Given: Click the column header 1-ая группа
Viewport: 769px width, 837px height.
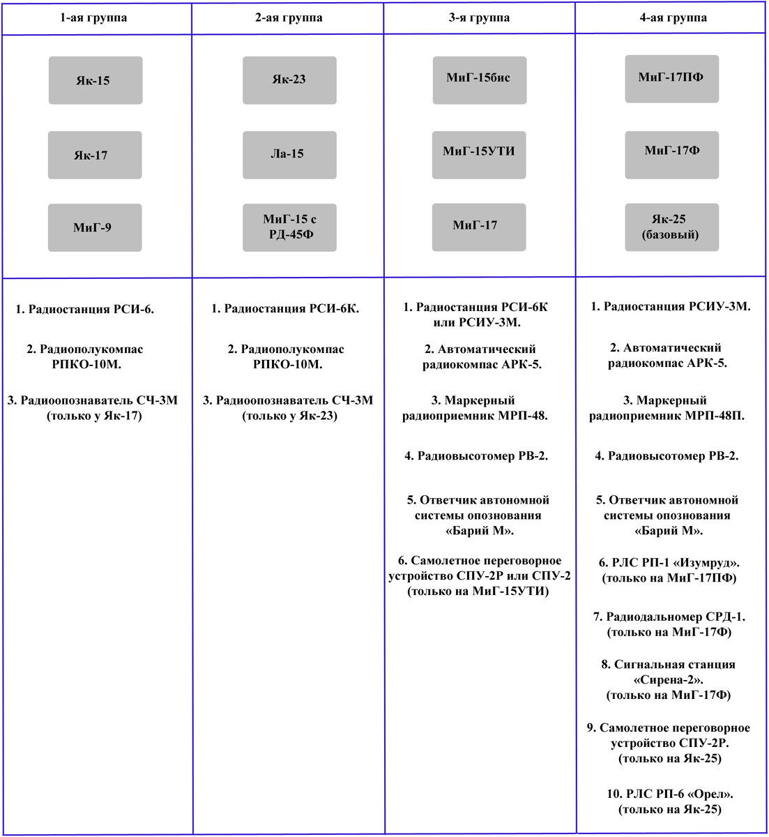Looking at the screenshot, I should [93, 17].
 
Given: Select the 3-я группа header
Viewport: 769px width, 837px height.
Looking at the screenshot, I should [478, 17].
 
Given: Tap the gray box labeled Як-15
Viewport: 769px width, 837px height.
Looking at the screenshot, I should [96, 80].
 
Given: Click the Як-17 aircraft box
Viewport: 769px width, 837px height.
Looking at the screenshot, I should [95, 155].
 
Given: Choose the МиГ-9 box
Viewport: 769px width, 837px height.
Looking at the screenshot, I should [95, 227].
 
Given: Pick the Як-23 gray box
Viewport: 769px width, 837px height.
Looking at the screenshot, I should [289, 80].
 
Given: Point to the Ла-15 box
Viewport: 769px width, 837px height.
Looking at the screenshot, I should [289, 154].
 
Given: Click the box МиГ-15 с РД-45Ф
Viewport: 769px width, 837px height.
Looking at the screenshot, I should [289, 227].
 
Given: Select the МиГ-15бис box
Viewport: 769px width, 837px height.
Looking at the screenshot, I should [479, 79].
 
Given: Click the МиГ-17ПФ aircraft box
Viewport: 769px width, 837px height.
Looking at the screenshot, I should [671, 78].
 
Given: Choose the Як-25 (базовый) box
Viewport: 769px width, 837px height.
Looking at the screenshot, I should [671, 227].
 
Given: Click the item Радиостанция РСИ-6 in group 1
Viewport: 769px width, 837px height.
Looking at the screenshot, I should [85, 309].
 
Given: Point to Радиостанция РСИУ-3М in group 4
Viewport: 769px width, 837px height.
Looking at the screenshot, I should [671, 306].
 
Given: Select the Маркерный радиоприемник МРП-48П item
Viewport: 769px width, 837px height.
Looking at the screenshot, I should [667, 408].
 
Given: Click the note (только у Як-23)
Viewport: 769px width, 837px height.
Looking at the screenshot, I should [289, 416].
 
